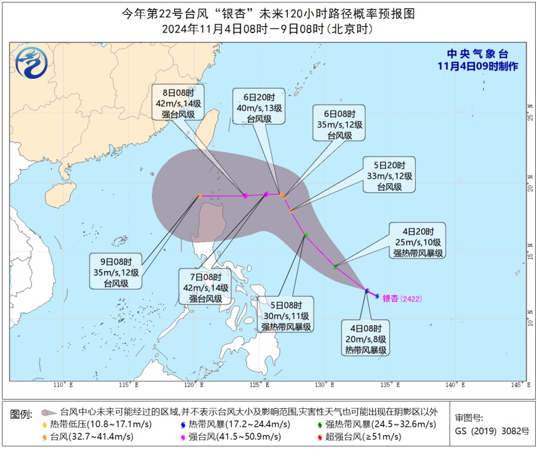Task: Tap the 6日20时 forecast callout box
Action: (259, 107)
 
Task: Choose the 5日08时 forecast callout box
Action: (287, 315)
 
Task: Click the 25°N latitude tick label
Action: (529, 117)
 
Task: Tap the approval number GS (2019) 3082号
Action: (492, 431)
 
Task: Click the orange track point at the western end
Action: (200, 196)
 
